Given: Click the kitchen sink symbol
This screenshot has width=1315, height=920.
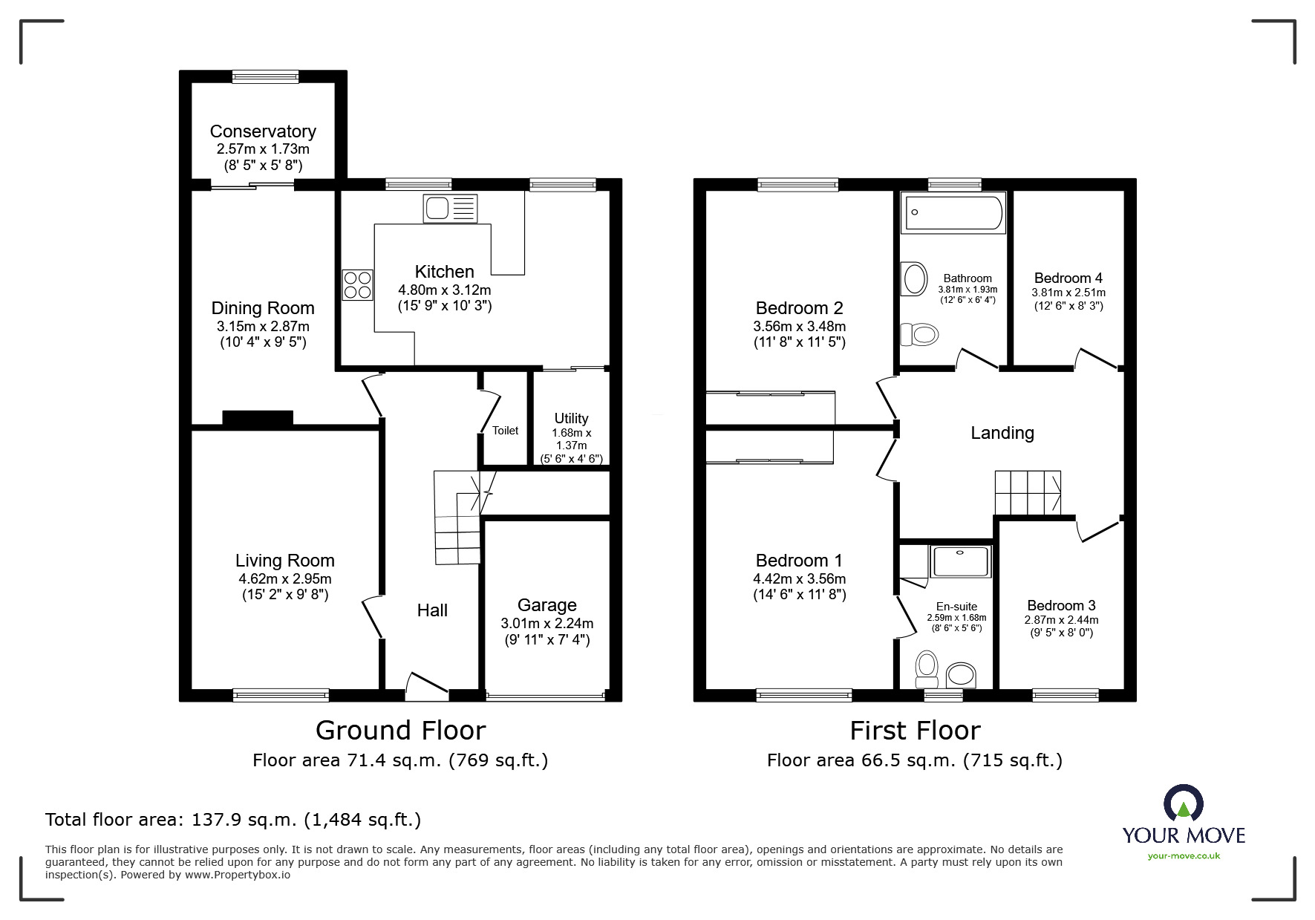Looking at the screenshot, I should pyautogui.click(x=450, y=208).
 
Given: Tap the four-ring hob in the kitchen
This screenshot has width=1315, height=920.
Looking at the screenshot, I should pyautogui.click(x=357, y=284).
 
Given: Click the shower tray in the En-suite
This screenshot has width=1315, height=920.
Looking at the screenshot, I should pyautogui.click(x=961, y=561).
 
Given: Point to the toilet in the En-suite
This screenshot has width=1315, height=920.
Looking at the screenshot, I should pyautogui.click(x=927, y=669).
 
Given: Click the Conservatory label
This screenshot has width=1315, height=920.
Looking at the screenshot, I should pyautogui.click(x=263, y=131).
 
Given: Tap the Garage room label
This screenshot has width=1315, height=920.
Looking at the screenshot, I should pyautogui.click(x=546, y=605).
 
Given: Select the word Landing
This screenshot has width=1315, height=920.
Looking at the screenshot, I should pyautogui.click(x=1002, y=433).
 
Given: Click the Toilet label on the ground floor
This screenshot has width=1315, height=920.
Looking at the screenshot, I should pyautogui.click(x=505, y=431).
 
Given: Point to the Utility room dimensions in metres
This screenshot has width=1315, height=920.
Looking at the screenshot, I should pyautogui.click(x=572, y=439).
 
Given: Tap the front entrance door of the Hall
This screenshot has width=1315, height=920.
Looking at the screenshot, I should pyautogui.click(x=426, y=685).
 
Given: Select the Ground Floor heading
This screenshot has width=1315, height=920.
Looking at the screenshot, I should pyautogui.click(x=400, y=731).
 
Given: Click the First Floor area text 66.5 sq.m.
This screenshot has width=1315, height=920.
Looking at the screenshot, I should pyautogui.click(x=914, y=760).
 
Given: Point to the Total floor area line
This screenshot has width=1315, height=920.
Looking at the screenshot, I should pyautogui.click(x=233, y=820).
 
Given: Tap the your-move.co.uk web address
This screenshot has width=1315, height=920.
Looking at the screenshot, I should pyautogui.click(x=1184, y=856).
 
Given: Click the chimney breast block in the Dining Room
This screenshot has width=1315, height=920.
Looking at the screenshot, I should pyautogui.click(x=258, y=418).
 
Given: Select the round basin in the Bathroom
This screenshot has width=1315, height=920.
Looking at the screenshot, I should pyautogui.click(x=915, y=279).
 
